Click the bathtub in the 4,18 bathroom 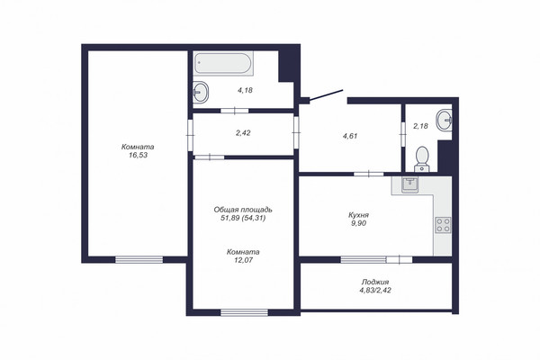tap(223, 63)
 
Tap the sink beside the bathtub tap(201, 92)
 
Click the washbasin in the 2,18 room tap(445, 120)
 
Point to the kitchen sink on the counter tap(409, 185)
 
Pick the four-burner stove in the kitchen tap(443, 225)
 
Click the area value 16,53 tap(138, 155)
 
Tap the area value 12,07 tap(244, 260)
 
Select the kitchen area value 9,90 tap(358, 223)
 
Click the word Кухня tap(358, 215)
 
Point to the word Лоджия tap(375, 282)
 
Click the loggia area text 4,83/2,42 tap(375, 290)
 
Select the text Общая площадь tap(243, 210)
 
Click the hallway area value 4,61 tap(350, 136)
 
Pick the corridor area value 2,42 tap(243, 132)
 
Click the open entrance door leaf tap(326, 95)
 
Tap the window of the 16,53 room tap(139, 259)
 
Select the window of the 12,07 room tap(244, 312)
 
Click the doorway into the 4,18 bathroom tap(235, 111)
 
